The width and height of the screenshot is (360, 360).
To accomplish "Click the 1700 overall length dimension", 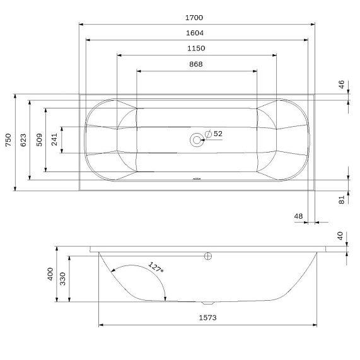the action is tap(194, 18).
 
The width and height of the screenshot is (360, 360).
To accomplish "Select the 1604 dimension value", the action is tap(195, 33).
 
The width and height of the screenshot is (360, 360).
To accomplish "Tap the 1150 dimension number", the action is tap(196, 49).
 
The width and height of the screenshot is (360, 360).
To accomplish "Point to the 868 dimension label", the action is tap(196, 64).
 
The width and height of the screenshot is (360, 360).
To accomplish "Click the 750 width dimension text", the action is tap(8, 140).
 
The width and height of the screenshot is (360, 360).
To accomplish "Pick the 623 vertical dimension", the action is tap(23, 140).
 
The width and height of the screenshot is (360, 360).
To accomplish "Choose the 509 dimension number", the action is tap(39, 140).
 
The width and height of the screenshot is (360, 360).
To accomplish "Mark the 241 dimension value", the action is tap(54, 139).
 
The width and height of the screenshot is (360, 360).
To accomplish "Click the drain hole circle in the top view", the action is tap(197, 140).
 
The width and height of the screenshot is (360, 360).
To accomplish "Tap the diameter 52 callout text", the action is tap(214, 134).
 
